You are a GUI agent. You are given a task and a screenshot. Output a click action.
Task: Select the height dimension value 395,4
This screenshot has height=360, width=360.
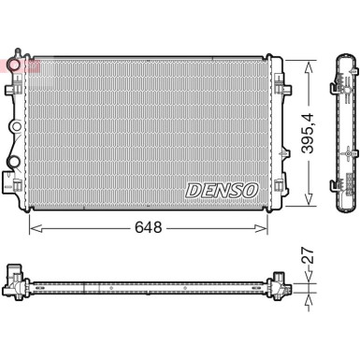tap(309, 132)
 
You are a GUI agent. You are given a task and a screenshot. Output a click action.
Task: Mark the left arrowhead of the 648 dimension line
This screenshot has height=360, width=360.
tap(34, 227)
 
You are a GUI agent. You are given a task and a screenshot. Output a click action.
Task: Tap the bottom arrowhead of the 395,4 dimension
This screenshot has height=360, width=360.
tap(309, 203)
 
